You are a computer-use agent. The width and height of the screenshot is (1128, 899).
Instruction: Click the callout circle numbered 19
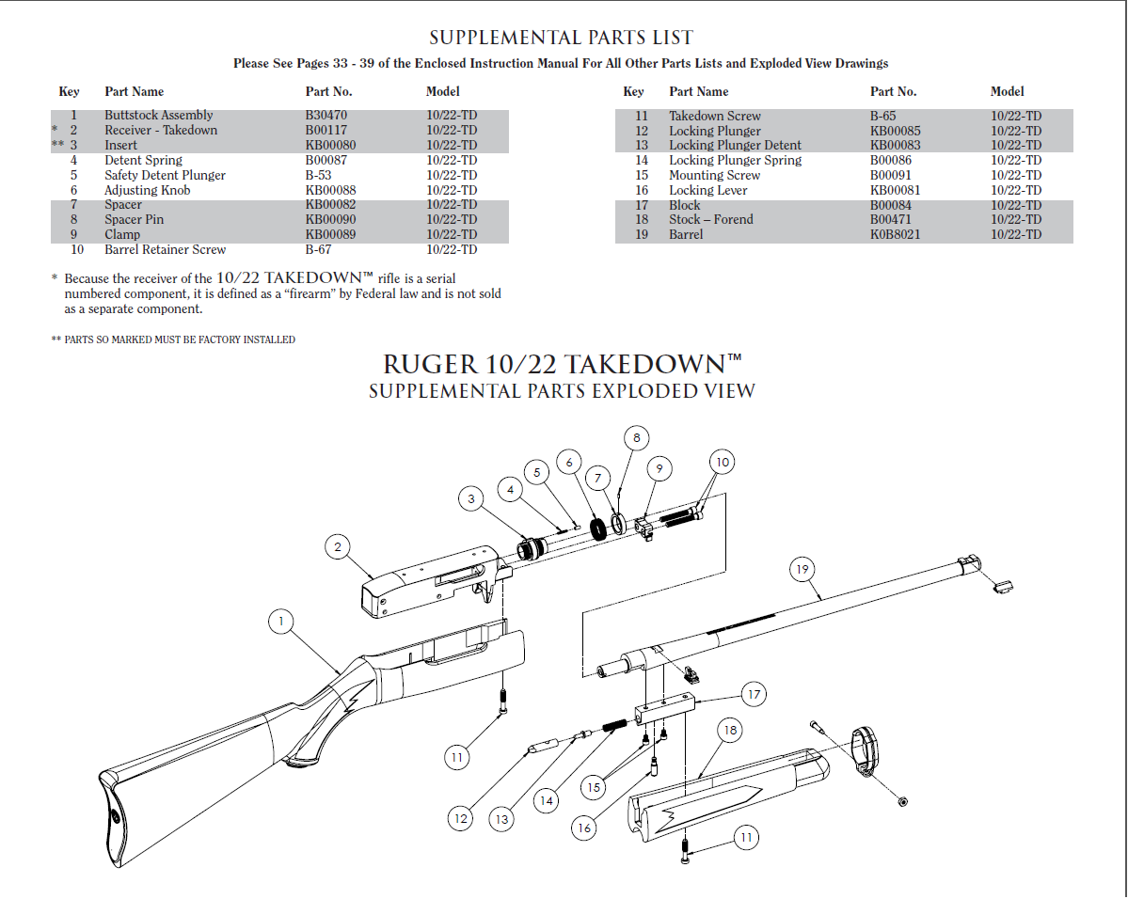802,569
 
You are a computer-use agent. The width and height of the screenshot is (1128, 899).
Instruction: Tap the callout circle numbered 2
337,546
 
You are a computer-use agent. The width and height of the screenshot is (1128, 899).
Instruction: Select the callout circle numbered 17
753,695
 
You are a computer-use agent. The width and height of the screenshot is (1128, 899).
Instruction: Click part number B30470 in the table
326,116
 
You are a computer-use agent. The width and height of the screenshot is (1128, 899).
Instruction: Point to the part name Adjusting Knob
147,190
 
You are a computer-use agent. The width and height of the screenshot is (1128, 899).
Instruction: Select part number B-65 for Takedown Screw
882,116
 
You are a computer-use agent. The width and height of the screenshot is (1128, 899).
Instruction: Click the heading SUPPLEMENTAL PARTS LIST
561,39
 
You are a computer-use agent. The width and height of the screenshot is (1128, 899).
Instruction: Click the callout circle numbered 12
460,818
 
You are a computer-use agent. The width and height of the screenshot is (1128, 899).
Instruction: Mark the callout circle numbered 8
636,437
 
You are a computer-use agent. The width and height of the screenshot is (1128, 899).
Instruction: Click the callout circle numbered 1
279,621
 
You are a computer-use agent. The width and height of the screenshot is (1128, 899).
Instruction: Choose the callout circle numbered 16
584,828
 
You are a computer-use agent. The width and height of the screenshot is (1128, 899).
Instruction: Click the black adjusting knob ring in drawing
596,528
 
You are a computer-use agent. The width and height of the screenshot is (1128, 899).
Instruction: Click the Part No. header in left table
328,91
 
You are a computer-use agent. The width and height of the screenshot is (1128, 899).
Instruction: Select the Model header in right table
1007,91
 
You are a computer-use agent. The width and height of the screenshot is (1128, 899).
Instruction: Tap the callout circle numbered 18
729,730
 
